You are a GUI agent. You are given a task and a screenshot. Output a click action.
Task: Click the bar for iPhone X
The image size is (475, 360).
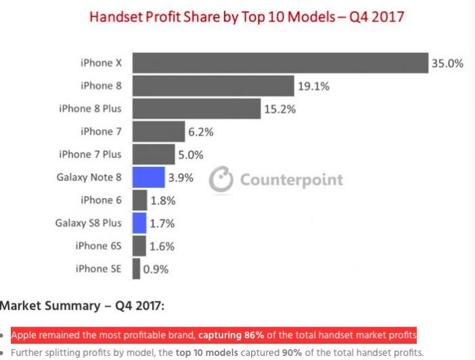(x=280, y=63)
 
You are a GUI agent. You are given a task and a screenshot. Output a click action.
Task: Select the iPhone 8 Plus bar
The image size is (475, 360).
(x=196, y=108)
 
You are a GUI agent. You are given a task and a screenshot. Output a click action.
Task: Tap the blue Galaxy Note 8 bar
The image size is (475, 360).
(x=148, y=178)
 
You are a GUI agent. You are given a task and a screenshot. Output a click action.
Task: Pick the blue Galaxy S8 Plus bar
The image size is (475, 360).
(x=139, y=223)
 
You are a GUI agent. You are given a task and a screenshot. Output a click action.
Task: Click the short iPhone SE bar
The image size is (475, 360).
(x=136, y=268)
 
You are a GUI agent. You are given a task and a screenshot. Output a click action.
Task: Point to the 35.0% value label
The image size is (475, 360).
(x=447, y=64)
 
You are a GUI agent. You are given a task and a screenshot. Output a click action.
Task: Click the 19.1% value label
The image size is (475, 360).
(x=313, y=86)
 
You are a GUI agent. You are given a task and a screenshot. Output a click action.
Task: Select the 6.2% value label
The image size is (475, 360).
(x=202, y=132)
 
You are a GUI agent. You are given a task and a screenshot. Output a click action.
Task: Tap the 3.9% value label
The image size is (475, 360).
(x=180, y=178)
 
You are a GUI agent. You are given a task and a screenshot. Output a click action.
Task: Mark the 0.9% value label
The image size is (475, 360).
(x=155, y=269)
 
